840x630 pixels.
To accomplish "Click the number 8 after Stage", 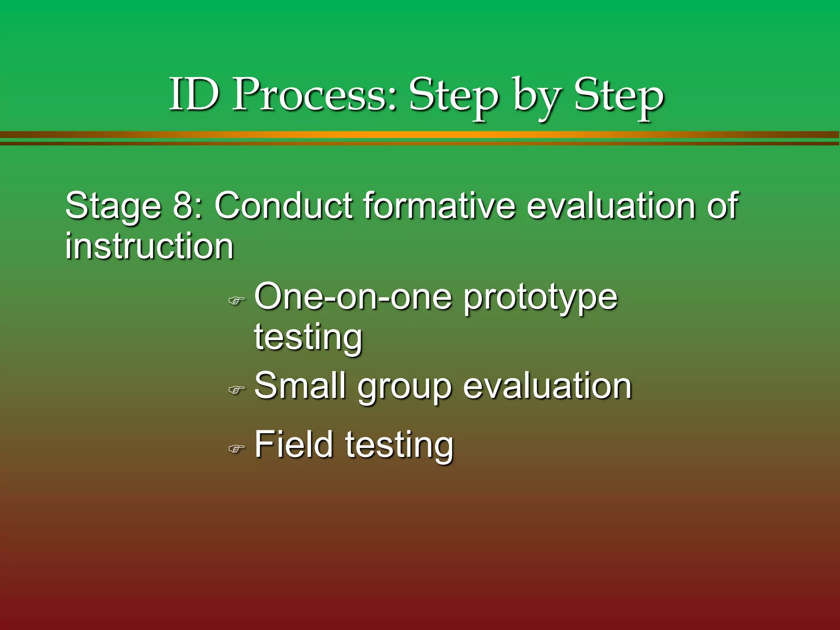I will [x=182, y=206].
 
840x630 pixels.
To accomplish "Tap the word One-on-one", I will [x=353, y=296].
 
